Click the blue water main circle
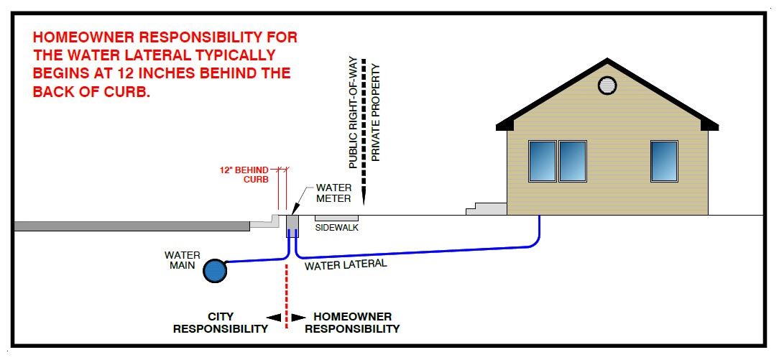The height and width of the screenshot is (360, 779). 213,270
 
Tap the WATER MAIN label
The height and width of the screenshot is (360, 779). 183,260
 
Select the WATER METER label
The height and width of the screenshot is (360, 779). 333,193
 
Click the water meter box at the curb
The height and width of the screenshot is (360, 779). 292,226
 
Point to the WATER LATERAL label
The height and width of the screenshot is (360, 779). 346,264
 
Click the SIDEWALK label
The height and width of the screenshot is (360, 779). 336,227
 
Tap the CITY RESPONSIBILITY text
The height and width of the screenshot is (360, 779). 220,323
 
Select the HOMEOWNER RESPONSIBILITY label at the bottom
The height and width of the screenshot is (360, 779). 352,323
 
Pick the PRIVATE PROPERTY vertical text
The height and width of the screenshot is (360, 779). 376,111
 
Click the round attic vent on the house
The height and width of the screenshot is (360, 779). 607,85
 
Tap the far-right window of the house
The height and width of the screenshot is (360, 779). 664,161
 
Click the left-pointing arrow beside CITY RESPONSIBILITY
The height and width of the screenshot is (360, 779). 272,317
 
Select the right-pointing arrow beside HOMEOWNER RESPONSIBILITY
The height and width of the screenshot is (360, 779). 299,317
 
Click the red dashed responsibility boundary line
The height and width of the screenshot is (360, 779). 286,295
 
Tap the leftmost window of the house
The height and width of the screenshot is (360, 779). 542,161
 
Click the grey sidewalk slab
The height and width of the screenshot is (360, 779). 336,217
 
